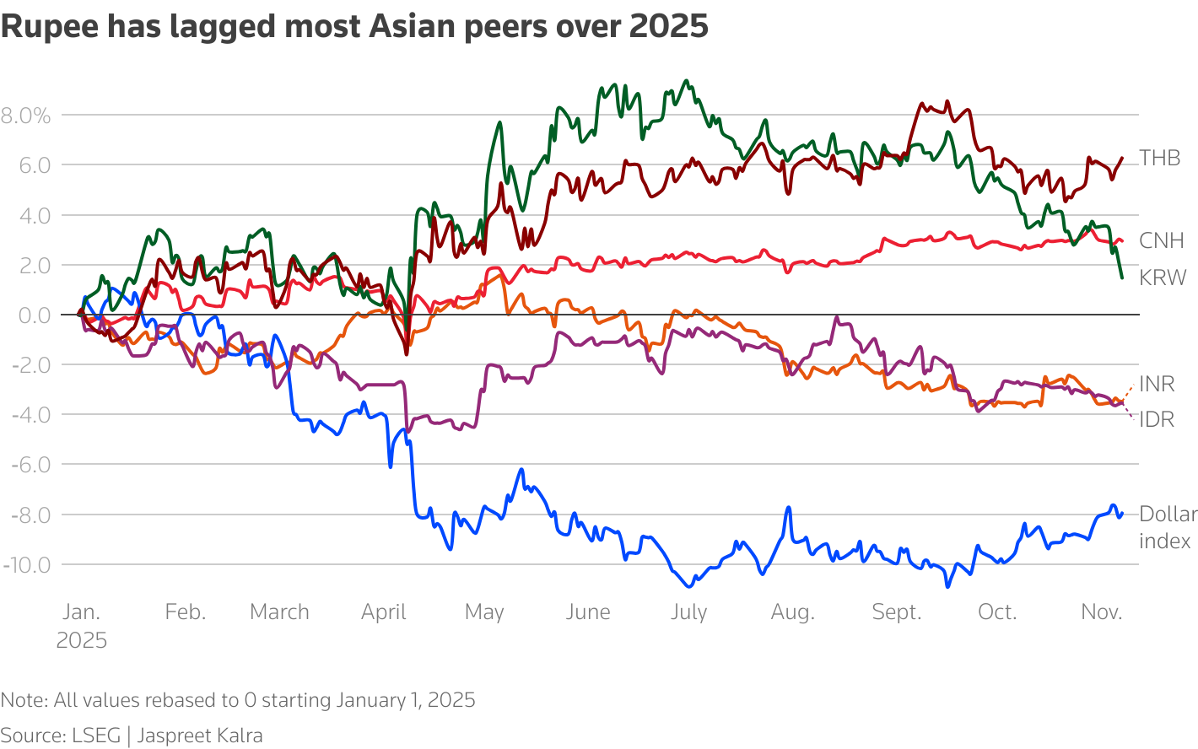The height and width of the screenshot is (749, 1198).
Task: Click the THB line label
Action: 1159,158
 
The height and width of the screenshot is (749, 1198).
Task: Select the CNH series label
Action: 1161,240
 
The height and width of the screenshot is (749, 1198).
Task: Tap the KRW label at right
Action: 1163,278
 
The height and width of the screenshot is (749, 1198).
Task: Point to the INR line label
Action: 1157,384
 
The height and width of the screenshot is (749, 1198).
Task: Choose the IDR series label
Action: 1157,419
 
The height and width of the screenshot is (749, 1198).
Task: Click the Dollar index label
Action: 1168,527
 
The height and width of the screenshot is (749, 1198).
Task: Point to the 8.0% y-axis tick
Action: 26,116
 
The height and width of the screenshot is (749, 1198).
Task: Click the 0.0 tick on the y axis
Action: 33,315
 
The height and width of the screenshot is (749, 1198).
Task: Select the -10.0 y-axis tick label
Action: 27,564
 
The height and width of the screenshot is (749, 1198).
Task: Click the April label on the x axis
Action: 383,612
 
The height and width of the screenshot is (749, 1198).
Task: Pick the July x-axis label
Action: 688,612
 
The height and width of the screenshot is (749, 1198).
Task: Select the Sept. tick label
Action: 896,612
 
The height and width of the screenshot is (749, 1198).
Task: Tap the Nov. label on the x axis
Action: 1102,612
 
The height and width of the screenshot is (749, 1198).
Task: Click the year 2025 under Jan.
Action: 82,640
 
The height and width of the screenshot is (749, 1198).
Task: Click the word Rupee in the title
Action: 48,27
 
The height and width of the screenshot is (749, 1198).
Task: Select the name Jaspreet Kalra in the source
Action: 200,736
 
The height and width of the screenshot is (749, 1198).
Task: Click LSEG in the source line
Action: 96,736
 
